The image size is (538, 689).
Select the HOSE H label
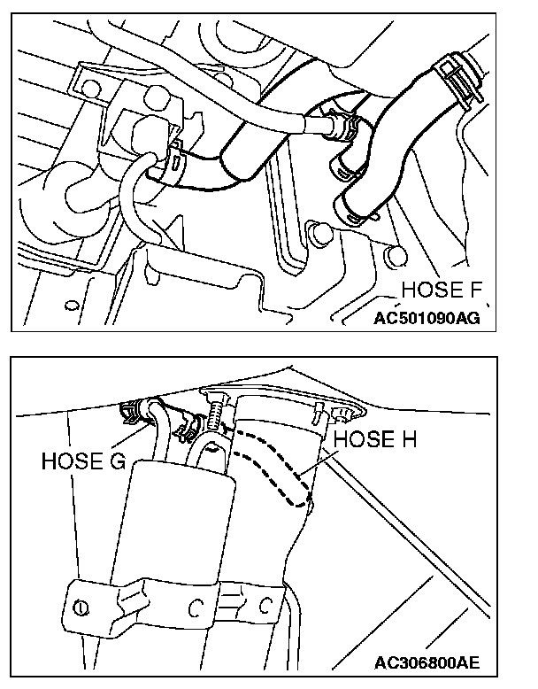376,439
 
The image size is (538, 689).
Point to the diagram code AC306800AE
429,662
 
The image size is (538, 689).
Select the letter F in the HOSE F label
483,290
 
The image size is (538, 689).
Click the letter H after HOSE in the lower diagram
408,439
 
